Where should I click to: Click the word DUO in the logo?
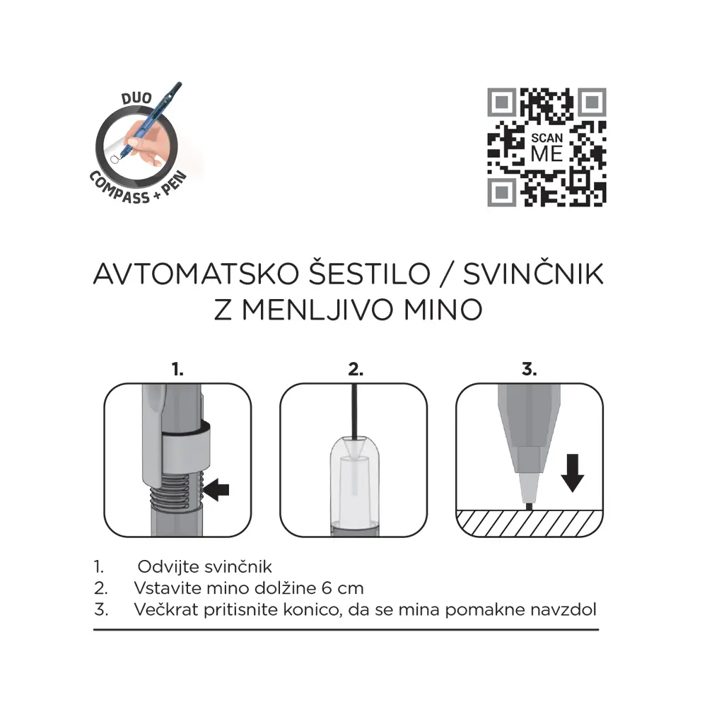coord(136,98)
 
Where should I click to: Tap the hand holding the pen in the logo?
coord(144,142)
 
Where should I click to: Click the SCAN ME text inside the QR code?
coord(547,148)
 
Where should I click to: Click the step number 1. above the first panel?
coord(177,369)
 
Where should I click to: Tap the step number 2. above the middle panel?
coord(356,369)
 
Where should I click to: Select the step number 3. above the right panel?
coord(530,369)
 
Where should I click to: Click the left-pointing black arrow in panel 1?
coord(216,490)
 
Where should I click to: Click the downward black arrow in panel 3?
coord(573,473)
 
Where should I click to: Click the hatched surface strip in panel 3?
coord(530,523)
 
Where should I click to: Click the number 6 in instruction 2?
coord(327,588)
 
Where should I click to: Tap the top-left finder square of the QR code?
coord(501,103)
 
